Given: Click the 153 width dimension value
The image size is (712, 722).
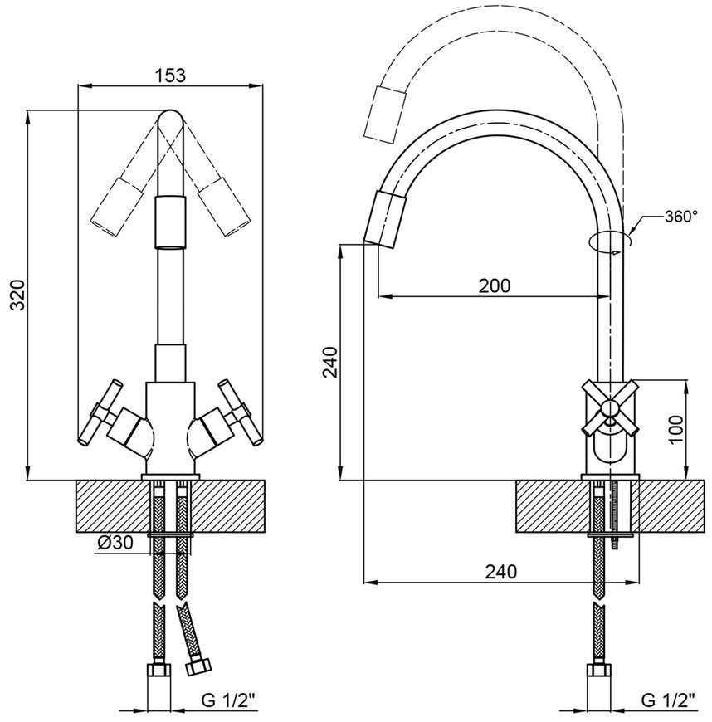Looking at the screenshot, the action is pyautogui.click(x=170, y=75).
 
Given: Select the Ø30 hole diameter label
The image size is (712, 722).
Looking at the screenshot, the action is pyautogui.click(x=115, y=543).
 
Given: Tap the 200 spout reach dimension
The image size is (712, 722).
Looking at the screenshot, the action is pyautogui.click(x=495, y=285).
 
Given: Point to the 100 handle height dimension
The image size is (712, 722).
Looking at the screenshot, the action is pyautogui.click(x=675, y=430).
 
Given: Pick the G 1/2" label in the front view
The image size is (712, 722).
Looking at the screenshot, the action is pyautogui.click(x=228, y=701).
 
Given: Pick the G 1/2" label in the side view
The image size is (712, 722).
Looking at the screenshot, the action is pyautogui.click(x=668, y=701).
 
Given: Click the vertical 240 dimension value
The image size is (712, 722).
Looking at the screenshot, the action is pyautogui.click(x=330, y=362).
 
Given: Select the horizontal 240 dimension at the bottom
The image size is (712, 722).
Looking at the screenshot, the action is pyautogui.click(x=501, y=572).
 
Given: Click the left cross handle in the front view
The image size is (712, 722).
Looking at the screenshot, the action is pyautogui.click(x=101, y=412).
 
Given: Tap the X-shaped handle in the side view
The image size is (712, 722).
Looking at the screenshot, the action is pyautogui.click(x=610, y=407).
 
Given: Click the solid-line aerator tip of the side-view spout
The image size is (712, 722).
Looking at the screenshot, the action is pyautogui.click(x=386, y=219).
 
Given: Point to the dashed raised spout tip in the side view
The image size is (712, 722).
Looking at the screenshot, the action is pyautogui.click(x=385, y=113).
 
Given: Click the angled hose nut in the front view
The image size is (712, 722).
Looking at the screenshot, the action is pyautogui.click(x=198, y=666).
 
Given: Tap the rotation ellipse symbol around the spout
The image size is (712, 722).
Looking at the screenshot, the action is pyautogui.click(x=610, y=241).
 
